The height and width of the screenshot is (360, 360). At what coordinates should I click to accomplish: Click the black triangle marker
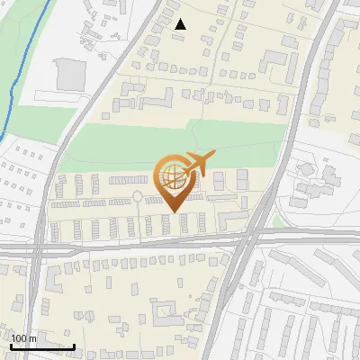click(180, 24)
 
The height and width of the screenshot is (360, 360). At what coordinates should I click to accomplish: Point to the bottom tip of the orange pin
click(173, 212)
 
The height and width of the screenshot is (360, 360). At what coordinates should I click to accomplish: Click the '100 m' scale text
click(24, 337)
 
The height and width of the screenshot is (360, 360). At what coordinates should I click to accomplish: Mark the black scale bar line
click(42, 346)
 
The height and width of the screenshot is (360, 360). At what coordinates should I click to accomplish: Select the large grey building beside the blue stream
click(71, 75)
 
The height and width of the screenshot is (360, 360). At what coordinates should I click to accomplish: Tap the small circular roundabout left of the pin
click(138, 195)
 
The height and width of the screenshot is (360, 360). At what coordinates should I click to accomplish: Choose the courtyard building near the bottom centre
click(166, 314)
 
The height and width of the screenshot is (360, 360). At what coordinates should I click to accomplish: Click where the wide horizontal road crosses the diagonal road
click(250, 239)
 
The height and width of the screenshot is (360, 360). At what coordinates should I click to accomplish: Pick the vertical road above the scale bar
click(37, 288)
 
